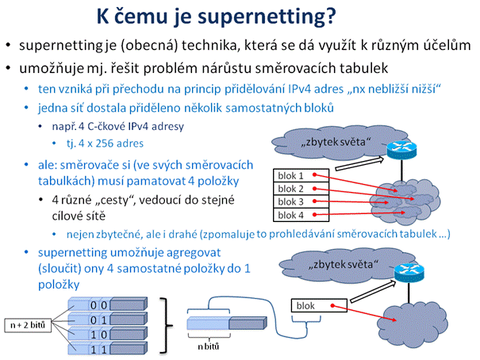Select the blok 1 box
coord(301,175)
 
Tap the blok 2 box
coord(301,189)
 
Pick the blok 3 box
coord(301,202)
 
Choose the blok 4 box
coord(301,215)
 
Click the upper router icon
coord(401,150)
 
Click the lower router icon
coord(409,273)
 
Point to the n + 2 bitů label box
coord(28,325)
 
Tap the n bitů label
coord(208,347)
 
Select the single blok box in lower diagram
coord(319,305)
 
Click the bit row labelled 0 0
coord(107,304)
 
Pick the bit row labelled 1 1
coord(107,349)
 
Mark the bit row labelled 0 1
coord(107,320)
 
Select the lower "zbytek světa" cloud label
coord(344,264)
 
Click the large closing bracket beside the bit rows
coord(166,326)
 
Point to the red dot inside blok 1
coord(314,174)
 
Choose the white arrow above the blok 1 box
coord(359,163)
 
